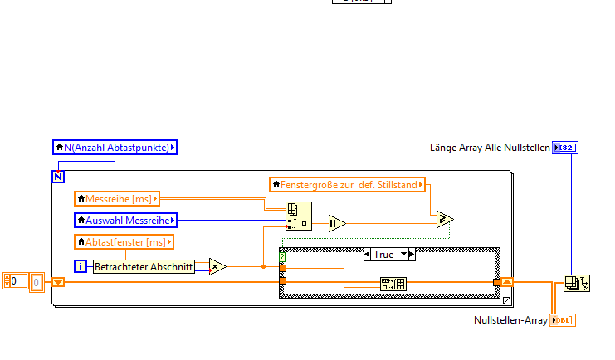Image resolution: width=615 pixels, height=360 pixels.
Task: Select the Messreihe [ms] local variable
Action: click(x=117, y=198)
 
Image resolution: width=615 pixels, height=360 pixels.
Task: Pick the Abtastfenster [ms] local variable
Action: click(x=124, y=241)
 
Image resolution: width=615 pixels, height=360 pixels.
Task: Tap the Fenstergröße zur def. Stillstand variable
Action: click(x=347, y=184)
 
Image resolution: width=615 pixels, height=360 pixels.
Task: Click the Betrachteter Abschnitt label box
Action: click(x=144, y=267)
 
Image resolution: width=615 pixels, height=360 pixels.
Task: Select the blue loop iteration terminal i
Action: click(x=81, y=266)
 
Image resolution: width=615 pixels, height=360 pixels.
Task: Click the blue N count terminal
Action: click(x=58, y=176)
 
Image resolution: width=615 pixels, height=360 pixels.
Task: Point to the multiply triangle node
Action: click(x=217, y=266)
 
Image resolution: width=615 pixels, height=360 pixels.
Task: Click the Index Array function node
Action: click(x=298, y=216)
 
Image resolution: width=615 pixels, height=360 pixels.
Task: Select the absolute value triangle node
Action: click(x=337, y=222)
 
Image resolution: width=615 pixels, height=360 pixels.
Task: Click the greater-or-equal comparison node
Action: click(x=446, y=219)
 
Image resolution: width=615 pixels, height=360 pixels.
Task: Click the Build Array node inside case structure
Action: click(x=393, y=285)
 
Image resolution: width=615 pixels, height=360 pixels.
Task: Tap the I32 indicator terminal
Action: click(x=565, y=148)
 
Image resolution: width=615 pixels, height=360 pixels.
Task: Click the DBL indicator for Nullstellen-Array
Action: click(x=562, y=320)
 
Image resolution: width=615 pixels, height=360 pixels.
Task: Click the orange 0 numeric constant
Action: click(x=16, y=282)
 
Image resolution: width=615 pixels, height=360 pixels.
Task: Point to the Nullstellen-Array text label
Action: click(x=510, y=320)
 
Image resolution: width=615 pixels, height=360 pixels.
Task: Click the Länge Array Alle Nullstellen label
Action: click(x=490, y=148)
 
